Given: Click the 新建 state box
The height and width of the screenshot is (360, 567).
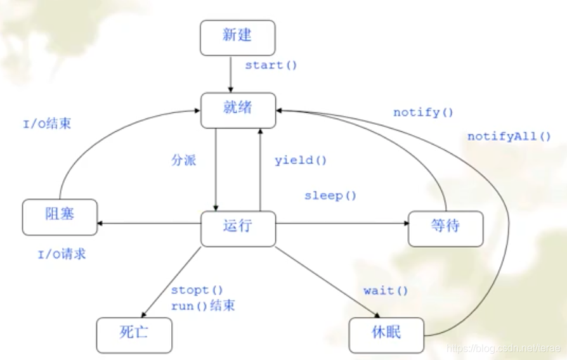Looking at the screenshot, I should click(237, 37).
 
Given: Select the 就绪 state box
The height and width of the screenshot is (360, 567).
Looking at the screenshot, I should click(238, 109).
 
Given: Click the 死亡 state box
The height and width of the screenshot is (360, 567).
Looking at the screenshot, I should click(134, 335).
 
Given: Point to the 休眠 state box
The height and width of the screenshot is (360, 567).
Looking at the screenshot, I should click(386, 335).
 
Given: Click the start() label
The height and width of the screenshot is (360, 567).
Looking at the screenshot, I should click(271, 65).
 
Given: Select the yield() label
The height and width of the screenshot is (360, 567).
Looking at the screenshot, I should click(301, 160).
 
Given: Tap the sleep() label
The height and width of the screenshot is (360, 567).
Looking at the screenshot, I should click(330, 195).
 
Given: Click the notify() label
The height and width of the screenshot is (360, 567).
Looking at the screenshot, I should click(423, 113).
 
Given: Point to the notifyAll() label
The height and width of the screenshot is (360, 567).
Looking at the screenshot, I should click(509, 136).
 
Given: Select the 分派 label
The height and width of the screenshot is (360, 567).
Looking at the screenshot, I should click(184, 160).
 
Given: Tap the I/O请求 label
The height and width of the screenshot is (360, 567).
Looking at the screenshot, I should click(62, 255).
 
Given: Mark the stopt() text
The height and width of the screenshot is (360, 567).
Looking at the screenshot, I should click(197, 290).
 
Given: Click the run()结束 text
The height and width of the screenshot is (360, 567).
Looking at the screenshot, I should click(203, 305).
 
